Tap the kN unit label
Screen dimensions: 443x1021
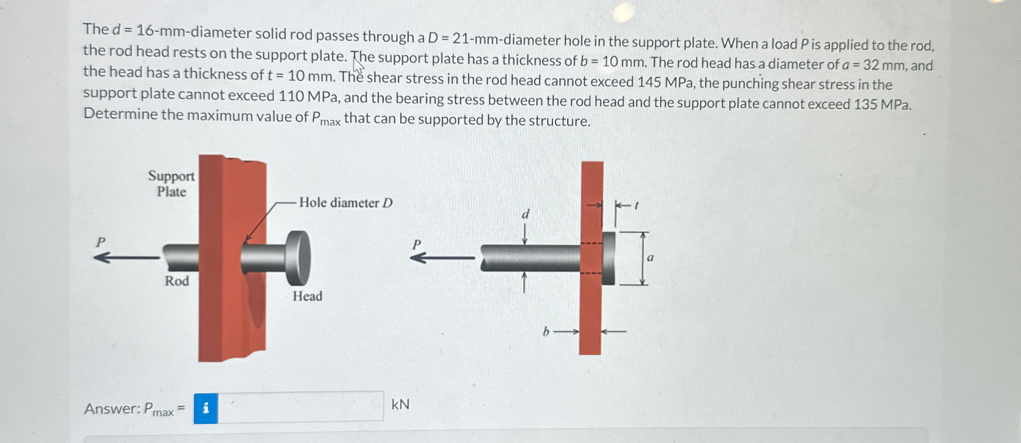point(400,404)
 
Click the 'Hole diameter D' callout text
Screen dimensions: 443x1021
point(346,203)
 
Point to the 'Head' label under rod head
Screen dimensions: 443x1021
point(307,296)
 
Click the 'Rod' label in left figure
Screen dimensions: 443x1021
point(177,281)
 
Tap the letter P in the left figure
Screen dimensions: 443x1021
point(101,242)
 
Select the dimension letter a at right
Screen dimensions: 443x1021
point(650,258)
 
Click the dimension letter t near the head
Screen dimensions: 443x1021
point(636,204)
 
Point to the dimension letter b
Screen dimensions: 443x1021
point(545,332)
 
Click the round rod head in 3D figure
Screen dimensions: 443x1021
point(298,258)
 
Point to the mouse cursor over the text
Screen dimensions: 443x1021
point(358,67)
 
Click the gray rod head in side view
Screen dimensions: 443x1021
point(608,258)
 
